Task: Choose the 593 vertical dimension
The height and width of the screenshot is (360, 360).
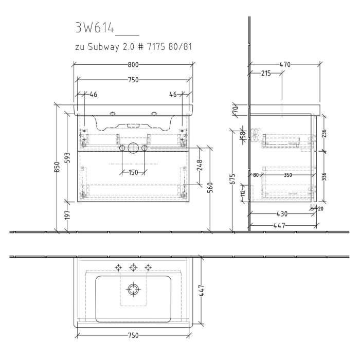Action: (68, 158)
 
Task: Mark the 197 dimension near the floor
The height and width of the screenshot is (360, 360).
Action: (68, 217)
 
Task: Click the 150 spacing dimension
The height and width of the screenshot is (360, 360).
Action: (133, 172)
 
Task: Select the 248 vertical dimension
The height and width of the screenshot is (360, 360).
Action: (200, 165)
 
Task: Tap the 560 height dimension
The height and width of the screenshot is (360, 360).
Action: (211, 189)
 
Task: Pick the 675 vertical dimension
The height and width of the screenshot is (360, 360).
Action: (232, 179)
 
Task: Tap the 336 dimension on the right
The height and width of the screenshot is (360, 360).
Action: (324, 177)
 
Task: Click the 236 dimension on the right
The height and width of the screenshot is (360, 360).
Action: (324, 133)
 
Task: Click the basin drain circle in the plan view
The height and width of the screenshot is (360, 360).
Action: (134, 290)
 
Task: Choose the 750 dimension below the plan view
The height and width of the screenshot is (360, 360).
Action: (133, 335)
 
